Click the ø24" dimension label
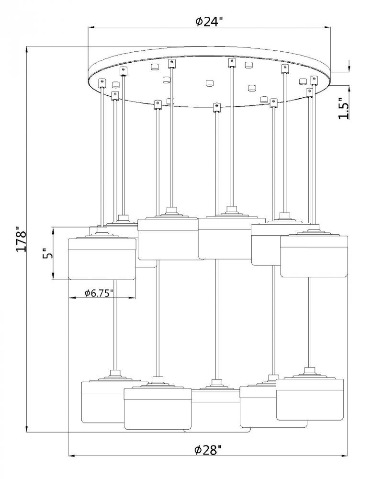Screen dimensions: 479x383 point(210,22)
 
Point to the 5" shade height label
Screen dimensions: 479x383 point(46,253)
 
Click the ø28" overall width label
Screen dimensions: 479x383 point(208,450)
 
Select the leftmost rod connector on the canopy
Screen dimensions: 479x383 point(102,83)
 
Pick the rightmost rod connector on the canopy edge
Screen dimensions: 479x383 point(315,80)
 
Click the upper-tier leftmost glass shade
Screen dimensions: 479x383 point(101,259)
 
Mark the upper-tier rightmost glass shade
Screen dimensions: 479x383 point(314,256)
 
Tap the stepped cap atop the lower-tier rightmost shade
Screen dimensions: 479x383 point(310,374)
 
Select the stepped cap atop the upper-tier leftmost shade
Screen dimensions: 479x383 point(101,233)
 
